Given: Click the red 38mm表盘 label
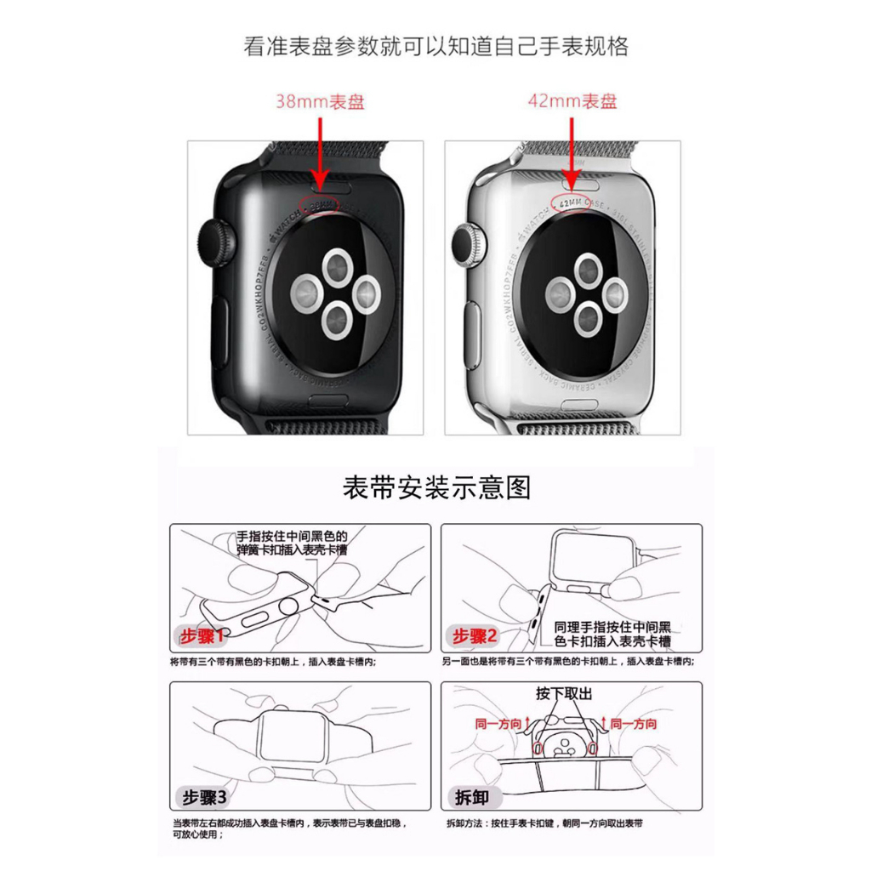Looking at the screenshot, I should coord(320,102).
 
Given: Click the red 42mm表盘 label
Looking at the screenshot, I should coord(572,102).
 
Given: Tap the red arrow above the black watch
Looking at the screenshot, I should coord(320,153).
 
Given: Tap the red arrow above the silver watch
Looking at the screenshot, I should coord(572,153).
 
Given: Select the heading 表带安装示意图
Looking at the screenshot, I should coord(436,487).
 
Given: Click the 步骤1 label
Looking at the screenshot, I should coord(202,636).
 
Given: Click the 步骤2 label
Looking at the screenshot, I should coord(475,636).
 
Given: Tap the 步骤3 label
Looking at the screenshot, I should coord(202,797).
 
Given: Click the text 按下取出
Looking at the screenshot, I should coord(563,692).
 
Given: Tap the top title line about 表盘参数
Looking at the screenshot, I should coord(436,47).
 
